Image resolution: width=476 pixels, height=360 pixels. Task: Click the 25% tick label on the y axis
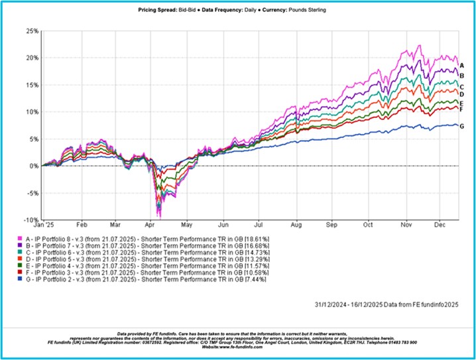[31, 31]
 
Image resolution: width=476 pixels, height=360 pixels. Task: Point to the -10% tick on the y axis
[30, 219]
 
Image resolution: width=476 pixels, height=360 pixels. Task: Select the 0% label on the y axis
[33, 166]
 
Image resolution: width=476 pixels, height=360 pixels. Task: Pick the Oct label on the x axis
[367, 225]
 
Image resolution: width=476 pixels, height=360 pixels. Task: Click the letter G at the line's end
[461, 126]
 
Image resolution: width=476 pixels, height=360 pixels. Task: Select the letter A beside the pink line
[461, 65]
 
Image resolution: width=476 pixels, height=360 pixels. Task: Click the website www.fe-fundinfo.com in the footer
[238, 347]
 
